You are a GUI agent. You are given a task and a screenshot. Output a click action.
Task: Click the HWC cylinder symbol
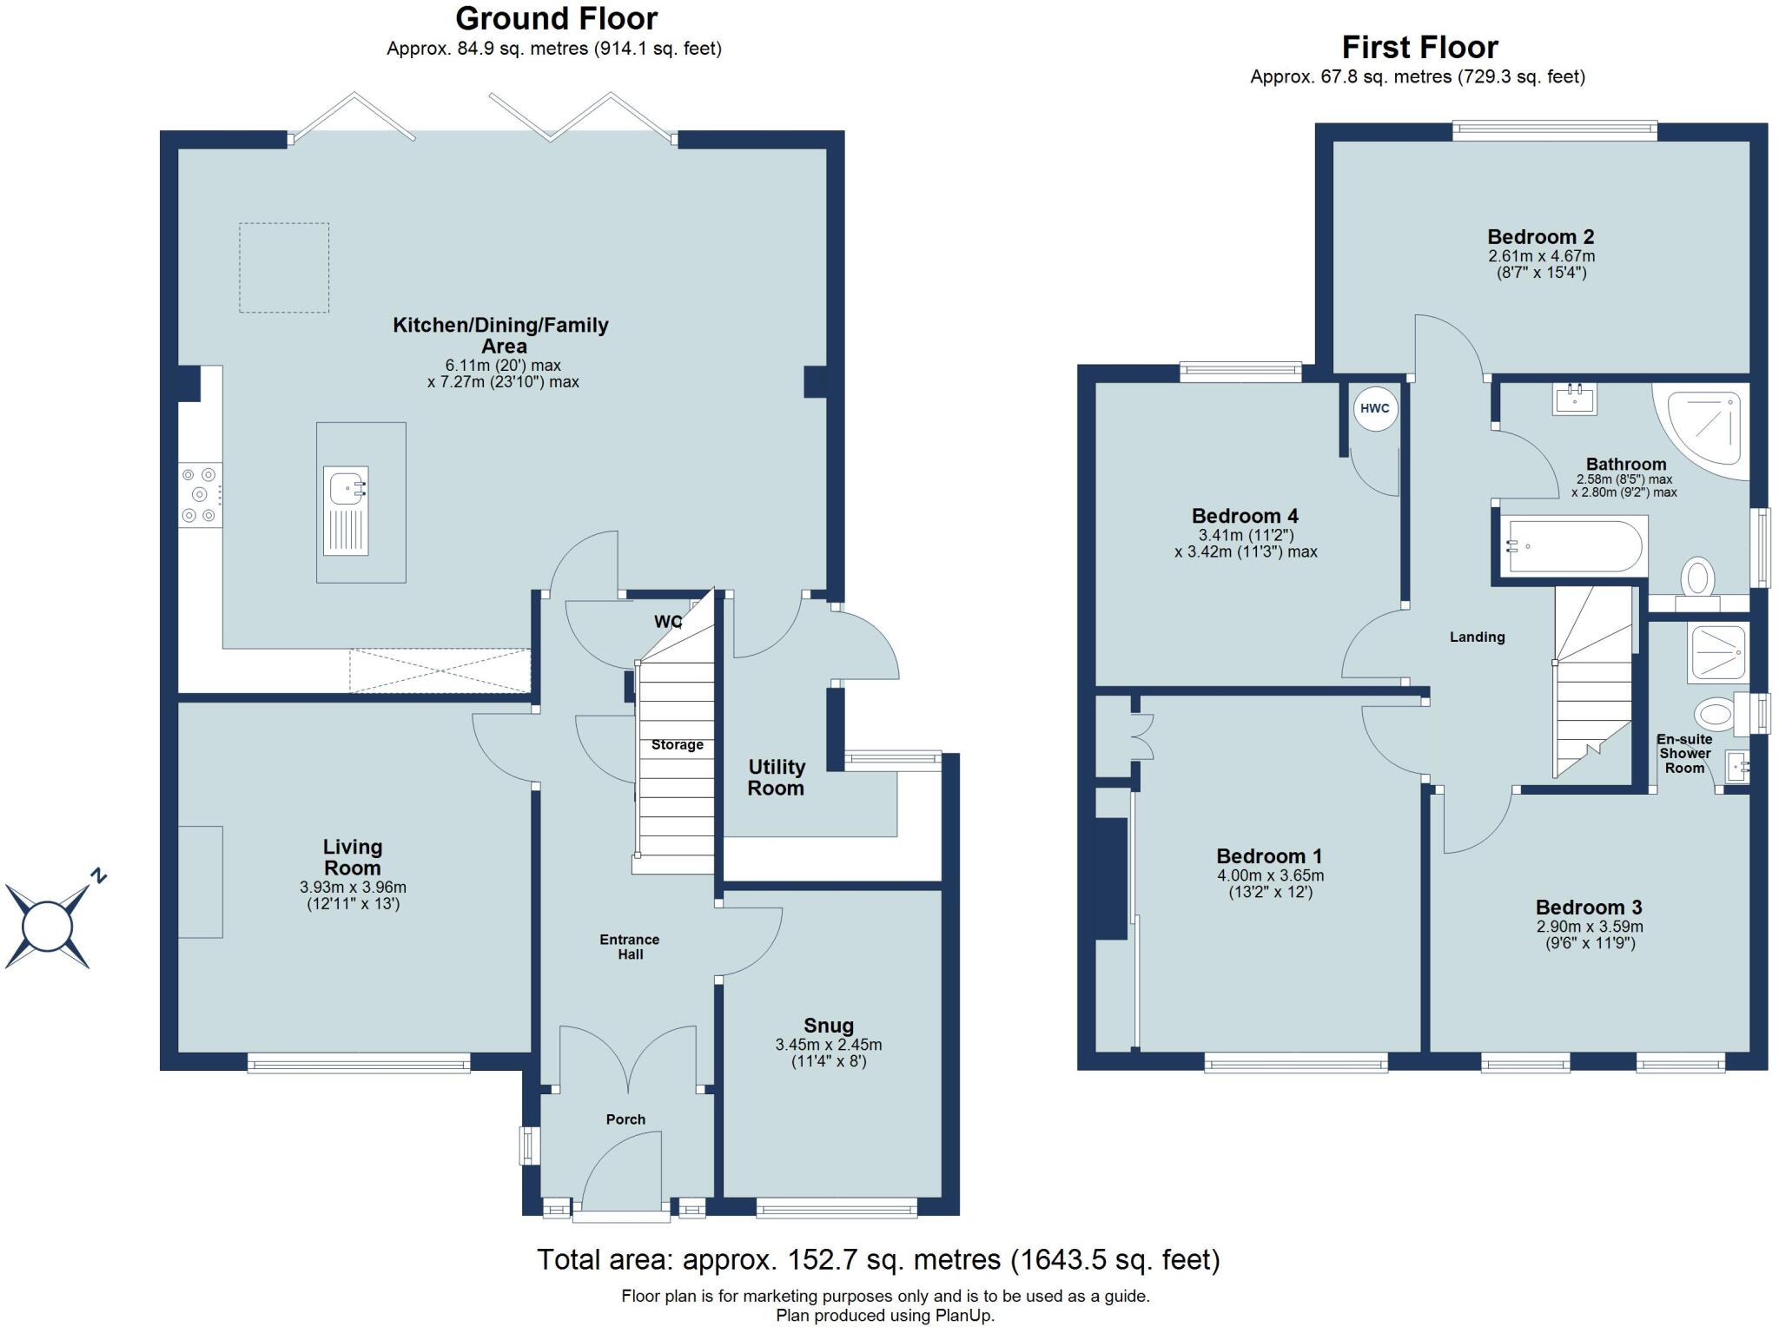tap(1374, 408)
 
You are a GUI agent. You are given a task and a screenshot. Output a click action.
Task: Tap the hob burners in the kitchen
tap(200, 495)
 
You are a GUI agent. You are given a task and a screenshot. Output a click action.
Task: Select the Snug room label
tap(828, 1026)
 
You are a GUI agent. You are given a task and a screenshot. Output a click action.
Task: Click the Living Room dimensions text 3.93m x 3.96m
tap(353, 888)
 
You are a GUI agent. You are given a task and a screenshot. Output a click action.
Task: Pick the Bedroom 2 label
tap(1540, 237)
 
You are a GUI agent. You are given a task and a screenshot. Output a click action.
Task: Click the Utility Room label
tap(776, 777)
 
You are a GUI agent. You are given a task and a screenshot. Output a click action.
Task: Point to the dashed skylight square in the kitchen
tap(284, 267)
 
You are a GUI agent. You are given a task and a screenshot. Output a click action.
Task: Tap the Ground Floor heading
tap(556, 18)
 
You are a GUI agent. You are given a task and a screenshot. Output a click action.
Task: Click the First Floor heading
tap(1419, 47)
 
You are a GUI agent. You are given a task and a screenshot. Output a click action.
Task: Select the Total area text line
tap(877, 1259)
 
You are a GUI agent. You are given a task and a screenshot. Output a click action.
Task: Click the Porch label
tap(625, 1119)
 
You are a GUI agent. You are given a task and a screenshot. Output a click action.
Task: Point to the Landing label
tap(1477, 637)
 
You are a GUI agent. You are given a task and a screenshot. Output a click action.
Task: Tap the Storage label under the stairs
tap(677, 745)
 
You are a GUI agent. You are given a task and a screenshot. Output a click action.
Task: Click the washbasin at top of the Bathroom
tap(1574, 400)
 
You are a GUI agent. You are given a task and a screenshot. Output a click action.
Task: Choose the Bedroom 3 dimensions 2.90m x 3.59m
tap(1589, 927)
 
